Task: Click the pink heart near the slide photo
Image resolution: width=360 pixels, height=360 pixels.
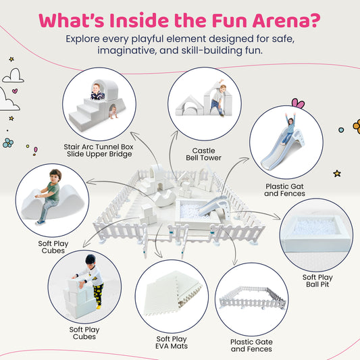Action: pyautogui.click(x=298, y=104)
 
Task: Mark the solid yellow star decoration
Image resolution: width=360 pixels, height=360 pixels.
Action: pyautogui.click(x=337, y=174)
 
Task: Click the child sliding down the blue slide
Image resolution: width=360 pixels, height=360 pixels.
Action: pyautogui.click(x=290, y=129)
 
